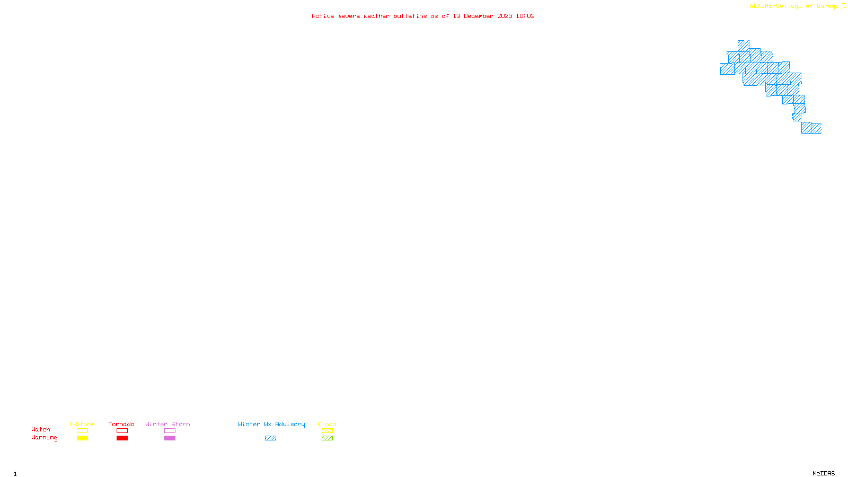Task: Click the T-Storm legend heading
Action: (x=82, y=424)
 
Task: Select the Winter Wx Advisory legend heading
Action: (x=271, y=424)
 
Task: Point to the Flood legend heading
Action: (x=327, y=424)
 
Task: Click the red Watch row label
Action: (x=41, y=430)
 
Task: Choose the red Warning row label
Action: (x=45, y=438)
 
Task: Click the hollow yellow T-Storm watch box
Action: (x=82, y=431)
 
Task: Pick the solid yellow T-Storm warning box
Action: (x=82, y=438)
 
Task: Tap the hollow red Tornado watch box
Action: (x=122, y=431)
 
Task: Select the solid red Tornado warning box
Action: (x=122, y=438)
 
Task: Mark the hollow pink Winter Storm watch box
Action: (x=170, y=431)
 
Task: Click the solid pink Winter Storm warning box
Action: (x=170, y=438)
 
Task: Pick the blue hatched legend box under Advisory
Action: (x=270, y=438)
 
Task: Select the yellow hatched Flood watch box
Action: (x=327, y=431)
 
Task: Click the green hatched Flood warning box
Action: (x=327, y=438)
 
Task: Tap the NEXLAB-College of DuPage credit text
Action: (x=794, y=6)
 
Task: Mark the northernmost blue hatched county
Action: (x=743, y=46)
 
